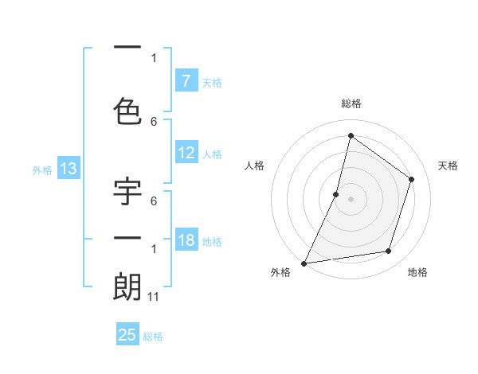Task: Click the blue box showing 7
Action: tap(186, 80)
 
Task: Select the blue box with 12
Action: tap(186, 153)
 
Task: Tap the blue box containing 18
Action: tap(186, 240)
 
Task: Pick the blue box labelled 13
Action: tap(68, 169)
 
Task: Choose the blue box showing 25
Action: tap(127, 335)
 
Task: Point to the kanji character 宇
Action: tap(127, 195)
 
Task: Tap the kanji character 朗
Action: tap(127, 287)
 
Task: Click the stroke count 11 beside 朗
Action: tap(154, 297)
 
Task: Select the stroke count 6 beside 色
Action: tap(154, 121)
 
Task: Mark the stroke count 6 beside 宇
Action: tap(154, 201)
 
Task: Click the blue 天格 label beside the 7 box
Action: tap(212, 82)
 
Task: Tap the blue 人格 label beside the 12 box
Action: tap(212, 154)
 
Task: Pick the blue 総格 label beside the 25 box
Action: tap(153, 337)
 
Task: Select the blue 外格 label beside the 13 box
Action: tap(42, 170)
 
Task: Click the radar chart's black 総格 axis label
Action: tap(351, 103)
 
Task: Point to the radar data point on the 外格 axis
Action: tap(304, 263)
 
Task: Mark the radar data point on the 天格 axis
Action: tap(412, 179)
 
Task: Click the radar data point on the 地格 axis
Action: tap(389, 251)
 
